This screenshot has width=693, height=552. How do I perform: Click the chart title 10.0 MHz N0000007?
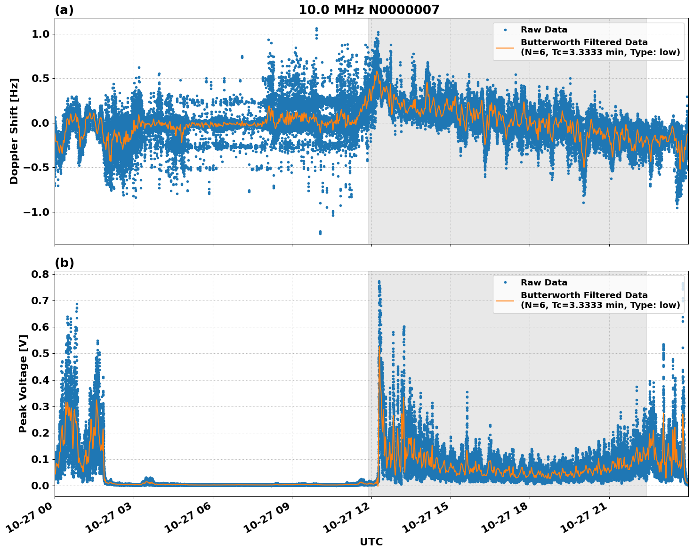click(369, 10)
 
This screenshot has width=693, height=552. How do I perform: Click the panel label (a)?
click(64, 10)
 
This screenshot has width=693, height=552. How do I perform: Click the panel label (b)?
click(64, 263)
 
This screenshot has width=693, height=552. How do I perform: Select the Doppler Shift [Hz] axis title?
click(14, 131)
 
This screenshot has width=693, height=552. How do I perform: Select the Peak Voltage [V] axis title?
click(23, 383)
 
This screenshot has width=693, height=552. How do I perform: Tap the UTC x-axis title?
click(371, 542)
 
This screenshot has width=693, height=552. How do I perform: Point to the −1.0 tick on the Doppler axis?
click(37, 212)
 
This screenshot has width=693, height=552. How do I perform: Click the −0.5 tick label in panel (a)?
click(37, 168)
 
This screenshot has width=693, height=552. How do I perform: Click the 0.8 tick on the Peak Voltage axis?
click(40, 274)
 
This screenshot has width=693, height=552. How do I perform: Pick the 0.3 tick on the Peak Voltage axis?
click(40, 406)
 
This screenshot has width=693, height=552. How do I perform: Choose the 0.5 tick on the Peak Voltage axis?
click(40, 353)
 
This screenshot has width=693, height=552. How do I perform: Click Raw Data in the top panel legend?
click(544, 30)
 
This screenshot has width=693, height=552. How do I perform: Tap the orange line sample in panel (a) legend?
click(505, 47)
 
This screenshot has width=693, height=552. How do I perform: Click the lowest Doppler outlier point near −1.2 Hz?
click(320, 232)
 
